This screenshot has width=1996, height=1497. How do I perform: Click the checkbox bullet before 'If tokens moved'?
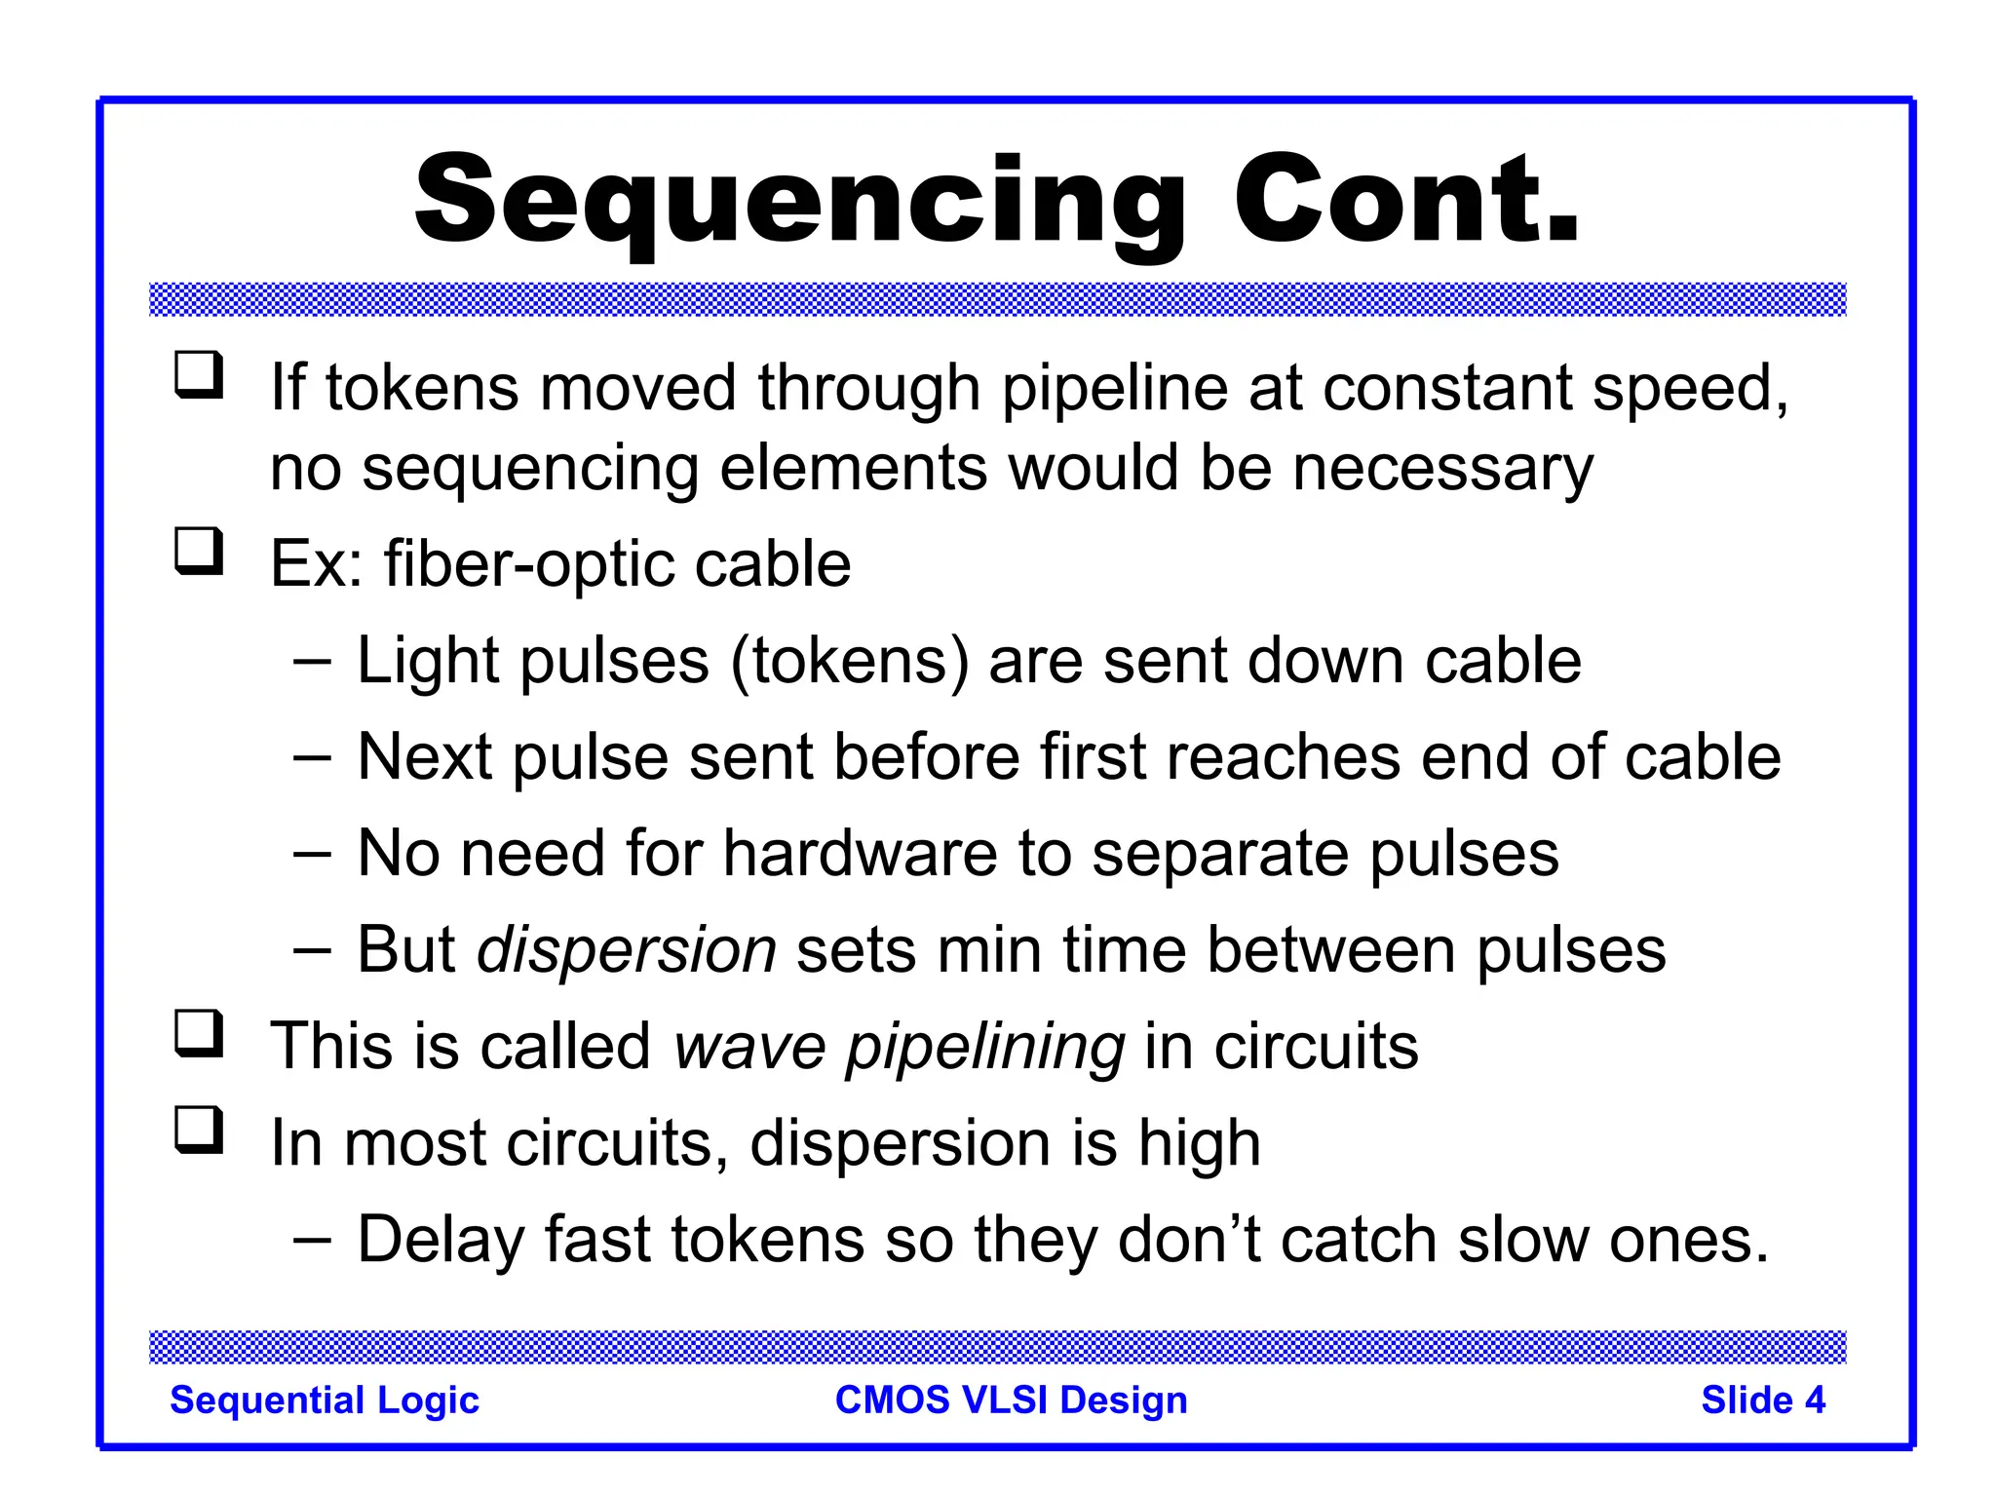point(199,375)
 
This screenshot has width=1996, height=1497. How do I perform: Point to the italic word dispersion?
point(626,950)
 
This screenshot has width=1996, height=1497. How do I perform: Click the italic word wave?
point(749,1047)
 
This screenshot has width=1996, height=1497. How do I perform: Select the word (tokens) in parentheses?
point(850,662)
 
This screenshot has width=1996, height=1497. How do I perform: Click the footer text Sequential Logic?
point(325,1401)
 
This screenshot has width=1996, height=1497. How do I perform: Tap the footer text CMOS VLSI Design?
point(1011,1401)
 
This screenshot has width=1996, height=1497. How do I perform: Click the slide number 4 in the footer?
point(1814,1401)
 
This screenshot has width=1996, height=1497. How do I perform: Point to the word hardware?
point(860,855)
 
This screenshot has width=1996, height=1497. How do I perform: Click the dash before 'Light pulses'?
point(312,661)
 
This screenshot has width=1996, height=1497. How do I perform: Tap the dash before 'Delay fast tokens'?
point(312,1240)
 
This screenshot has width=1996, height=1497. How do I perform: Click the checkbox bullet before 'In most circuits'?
point(199,1130)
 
